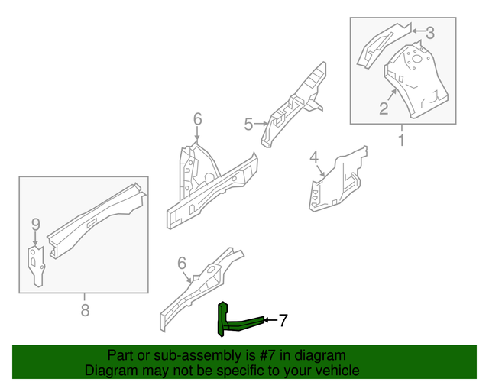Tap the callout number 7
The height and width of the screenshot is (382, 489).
[x=283, y=321]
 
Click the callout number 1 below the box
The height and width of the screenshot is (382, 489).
[x=401, y=140]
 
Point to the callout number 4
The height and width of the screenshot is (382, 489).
[x=314, y=158]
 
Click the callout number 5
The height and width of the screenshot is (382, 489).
[x=248, y=124]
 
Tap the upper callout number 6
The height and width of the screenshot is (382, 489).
[x=197, y=118]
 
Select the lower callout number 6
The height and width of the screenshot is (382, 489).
[x=182, y=263]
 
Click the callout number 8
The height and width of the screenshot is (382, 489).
[x=84, y=309]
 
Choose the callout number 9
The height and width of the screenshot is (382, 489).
[x=35, y=224]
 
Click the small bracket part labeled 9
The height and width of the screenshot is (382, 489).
[x=36, y=264]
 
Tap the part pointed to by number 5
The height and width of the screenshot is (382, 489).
[x=294, y=107]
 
